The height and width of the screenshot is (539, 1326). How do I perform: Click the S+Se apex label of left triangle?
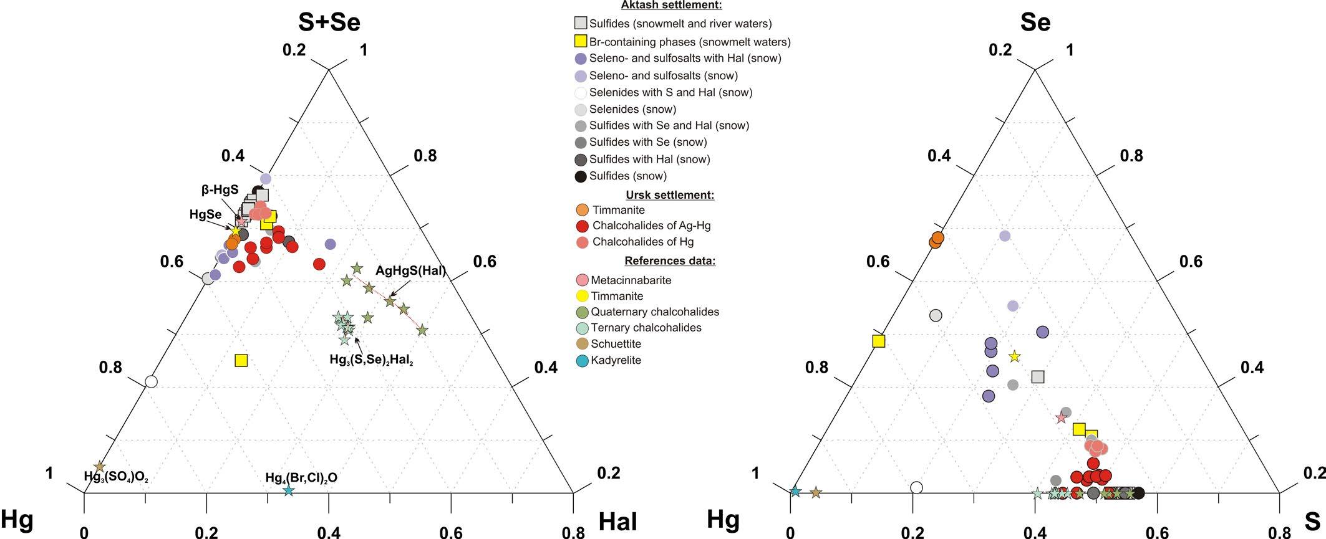click(x=329, y=22)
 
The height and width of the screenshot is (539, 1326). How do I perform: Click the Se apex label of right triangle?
click(x=1035, y=22)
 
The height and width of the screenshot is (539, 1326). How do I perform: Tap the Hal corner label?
click(x=617, y=522)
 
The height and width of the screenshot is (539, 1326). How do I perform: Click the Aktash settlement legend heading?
click(x=671, y=5)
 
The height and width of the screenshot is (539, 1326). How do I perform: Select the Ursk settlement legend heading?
click(x=669, y=195)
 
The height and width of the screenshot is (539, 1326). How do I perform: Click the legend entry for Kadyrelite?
click(x=616, y=360)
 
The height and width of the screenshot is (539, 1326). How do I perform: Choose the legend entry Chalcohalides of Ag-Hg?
click(x=651, y=226)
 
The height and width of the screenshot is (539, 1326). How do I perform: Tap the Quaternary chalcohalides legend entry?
click(x=654, y=312)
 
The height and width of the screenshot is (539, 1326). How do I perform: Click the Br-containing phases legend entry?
click(x=689, y=42)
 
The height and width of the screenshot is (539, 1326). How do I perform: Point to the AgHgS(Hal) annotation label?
click(x=410, y=271)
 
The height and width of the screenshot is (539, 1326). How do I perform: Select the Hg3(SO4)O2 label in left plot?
click(x=116, y=477)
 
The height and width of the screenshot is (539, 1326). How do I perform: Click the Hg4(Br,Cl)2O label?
click(x=301, y=478)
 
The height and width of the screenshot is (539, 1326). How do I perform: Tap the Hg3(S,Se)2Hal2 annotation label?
click(x=371, y=360)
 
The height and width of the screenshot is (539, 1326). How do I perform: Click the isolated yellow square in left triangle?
click(x=241, y=360)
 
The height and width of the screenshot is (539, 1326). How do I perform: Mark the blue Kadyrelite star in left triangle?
click(x=288, y=490)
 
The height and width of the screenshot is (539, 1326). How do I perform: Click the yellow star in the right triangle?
click(x=1014, y=356)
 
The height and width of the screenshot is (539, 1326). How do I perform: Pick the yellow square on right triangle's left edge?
click(x=879, y=341)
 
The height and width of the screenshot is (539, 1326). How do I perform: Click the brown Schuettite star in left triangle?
click(x=99, y=467)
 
